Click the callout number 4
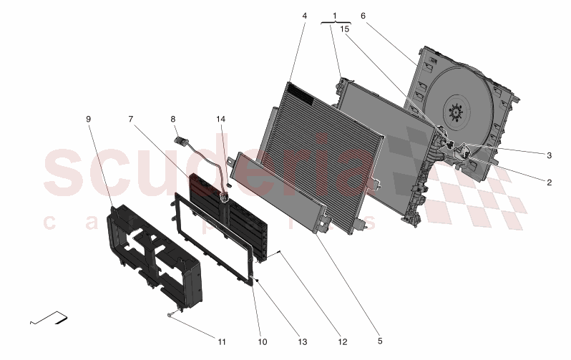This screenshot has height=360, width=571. tap(304, 16)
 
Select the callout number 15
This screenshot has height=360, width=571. tap(344, 29)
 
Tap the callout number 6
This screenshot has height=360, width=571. tap(363, 16)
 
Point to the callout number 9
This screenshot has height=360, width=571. tap(89, 119)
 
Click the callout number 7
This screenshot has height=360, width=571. tap(130, 119)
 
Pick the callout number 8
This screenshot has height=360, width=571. tap(173, 119)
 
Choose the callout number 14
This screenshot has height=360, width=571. tap(220, 119)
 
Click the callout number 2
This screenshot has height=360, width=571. tap(549, 183)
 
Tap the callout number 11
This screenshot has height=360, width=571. tap(222, 342)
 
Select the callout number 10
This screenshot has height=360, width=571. tap(262, 342)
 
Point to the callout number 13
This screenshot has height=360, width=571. tap(303, 342)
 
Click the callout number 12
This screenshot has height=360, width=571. tap(343, 342)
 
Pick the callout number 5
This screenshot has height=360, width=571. tap(380, 341)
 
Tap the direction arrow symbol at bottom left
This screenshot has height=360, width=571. tap(49, 318)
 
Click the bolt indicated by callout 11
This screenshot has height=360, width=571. tap(170, 315)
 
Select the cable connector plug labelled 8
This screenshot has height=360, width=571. tap(181, 140)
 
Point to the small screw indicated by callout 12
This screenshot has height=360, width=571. tap(279, 252)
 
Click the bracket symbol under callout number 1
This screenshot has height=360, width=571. tap(336, 23)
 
